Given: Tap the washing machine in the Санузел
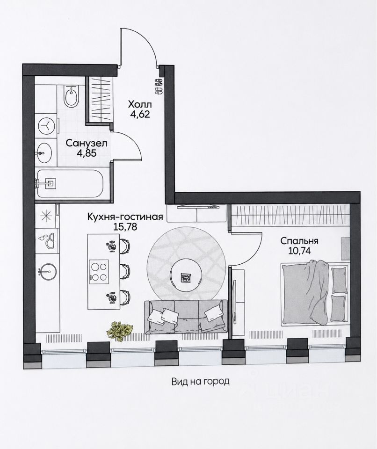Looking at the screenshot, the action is [46, 126].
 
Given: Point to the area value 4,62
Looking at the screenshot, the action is [139, 114].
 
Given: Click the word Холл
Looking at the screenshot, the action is [139, 104].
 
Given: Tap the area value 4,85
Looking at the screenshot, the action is [86, 152].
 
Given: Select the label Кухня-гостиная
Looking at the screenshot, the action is [125, 217].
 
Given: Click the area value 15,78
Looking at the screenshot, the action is [125, 227].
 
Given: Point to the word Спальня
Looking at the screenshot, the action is [299, 241].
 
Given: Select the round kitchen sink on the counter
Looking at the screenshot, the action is [48, 271].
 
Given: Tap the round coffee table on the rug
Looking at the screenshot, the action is [186, 276].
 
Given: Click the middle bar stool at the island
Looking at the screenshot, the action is [125, 271].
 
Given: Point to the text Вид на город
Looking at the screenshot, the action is [201, 382].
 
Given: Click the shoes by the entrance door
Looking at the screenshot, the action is [159, 86].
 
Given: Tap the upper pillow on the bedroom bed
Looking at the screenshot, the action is [339, 280].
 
